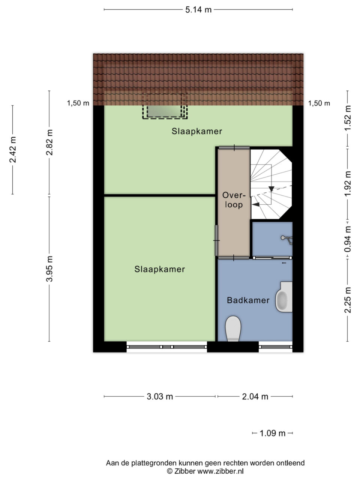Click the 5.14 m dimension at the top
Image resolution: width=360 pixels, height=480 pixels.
pyautogui.click(x=198, y=10)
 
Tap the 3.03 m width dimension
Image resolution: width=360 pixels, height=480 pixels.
pyautogui.click(x=160, y=396)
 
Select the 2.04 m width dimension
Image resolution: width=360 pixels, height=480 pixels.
pyautogui.click(x=255, y=396)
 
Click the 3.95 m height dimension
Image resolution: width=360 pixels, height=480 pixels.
pyautogui.click(x=49, y=269)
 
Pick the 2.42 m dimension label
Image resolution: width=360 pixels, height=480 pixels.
pyautogui.click(x=13, y=150)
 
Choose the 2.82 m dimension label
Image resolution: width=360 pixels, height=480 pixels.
pyautogui.click(x=49, y=142)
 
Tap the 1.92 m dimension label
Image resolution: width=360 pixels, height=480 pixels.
pyautogui.click(x=348, y=184)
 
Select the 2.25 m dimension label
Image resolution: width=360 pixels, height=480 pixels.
pyautogui.click(x=348, y=300)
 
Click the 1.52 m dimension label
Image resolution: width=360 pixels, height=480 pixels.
pyautogui.click(x=348, y=118)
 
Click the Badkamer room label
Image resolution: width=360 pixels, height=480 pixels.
pyautogui.click(x=248, y=300)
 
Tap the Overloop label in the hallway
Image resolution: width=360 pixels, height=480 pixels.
pyautogui.click(x=234, y=200)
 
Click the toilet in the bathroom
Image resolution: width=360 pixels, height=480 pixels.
pyautogui.click(x=233, y=328)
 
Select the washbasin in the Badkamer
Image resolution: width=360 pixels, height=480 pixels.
pyautogui.click(x=284, y=297)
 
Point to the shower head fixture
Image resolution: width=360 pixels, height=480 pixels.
pyautogui.click(x=287, y=240)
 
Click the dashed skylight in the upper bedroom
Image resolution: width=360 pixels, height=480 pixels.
pyautogui.click(x=165, y=106)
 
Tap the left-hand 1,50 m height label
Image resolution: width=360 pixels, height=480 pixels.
pyautogui.click(x=78, y=103)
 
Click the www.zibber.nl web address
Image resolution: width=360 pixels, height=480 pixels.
pyautogui.click(x=220, y=471)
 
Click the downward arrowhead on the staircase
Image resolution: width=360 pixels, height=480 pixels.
pyautogui.click(x=271, y=189)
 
